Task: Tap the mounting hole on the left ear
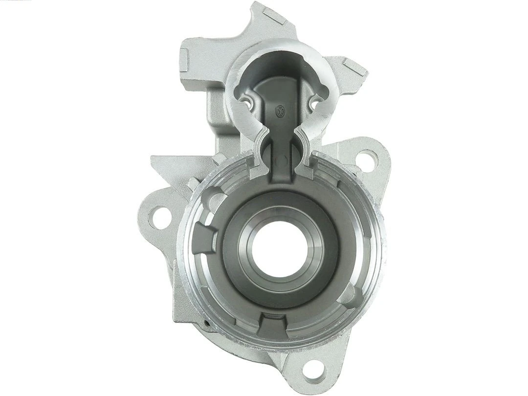click(x=157, y=213)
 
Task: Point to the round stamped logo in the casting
click(x=281, y=111)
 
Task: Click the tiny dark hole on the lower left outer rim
click(x=208, y=323)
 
